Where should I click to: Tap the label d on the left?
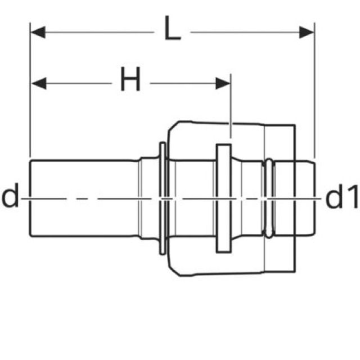(x=10, y=197)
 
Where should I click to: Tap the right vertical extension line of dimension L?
(x=314, y=90)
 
